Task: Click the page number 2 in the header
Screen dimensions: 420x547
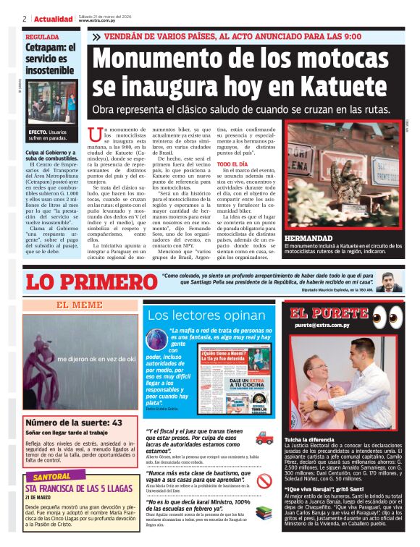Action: [25, 19]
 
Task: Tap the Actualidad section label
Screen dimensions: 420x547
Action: [54, 19]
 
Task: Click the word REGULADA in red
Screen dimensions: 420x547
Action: [42, 36]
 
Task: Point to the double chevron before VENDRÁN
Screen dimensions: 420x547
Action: [96, 36]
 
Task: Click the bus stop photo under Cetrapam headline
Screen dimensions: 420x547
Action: [51, 101]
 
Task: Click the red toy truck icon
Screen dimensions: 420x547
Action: [264, 438]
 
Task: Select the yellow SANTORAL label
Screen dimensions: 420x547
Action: [53, 478]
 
